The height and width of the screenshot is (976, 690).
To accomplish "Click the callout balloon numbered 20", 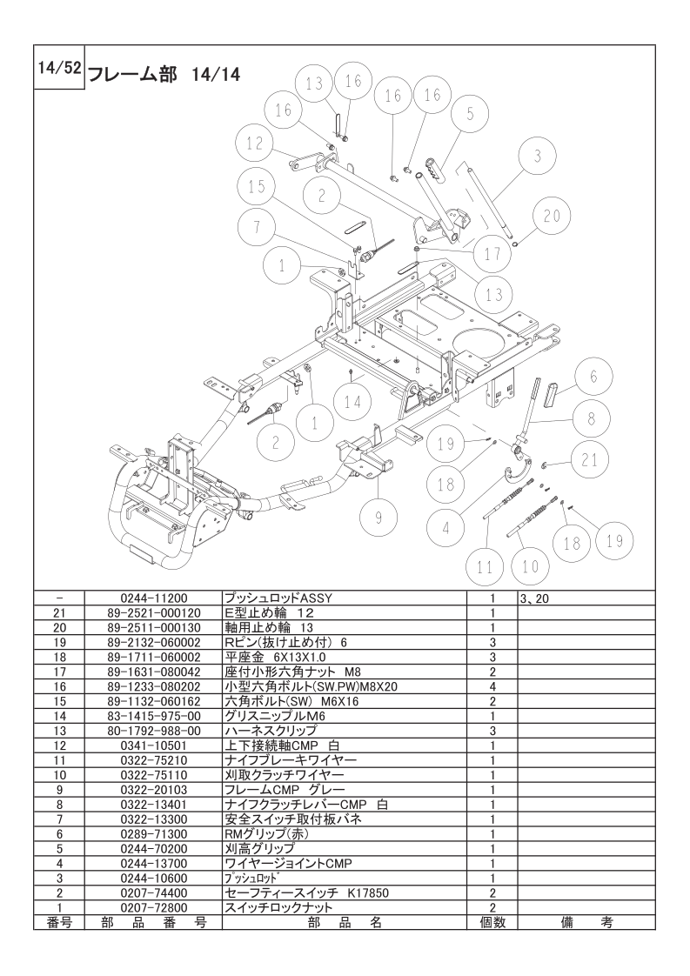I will click(553, 214).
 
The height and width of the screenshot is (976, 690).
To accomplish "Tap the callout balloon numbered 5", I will click(470, 113).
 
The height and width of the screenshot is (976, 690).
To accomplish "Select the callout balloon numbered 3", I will click(538, 157).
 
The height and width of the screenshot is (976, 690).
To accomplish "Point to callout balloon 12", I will click(254, 143).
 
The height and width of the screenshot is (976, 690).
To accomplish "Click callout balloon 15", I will click(255, 187).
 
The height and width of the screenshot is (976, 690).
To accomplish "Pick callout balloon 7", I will click(258, 229).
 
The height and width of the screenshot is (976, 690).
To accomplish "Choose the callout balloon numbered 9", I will click(378, 516).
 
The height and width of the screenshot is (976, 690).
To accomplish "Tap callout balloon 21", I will click(591, 460).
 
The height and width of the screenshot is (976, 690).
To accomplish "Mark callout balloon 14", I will click(352, 402).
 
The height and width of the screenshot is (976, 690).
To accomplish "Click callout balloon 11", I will click(486, 567).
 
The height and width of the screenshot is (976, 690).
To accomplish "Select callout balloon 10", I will click(530, 567).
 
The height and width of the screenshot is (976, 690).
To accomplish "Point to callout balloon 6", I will click(593, 377).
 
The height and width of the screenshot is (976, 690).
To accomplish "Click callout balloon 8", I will click(592, 418).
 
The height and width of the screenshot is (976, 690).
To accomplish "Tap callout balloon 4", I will click(446, 525).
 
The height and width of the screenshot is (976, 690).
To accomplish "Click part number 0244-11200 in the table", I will click(153, 598).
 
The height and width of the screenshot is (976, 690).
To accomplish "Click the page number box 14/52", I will click(59, 68).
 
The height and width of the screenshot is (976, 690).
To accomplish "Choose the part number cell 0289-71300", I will click(153, 834).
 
